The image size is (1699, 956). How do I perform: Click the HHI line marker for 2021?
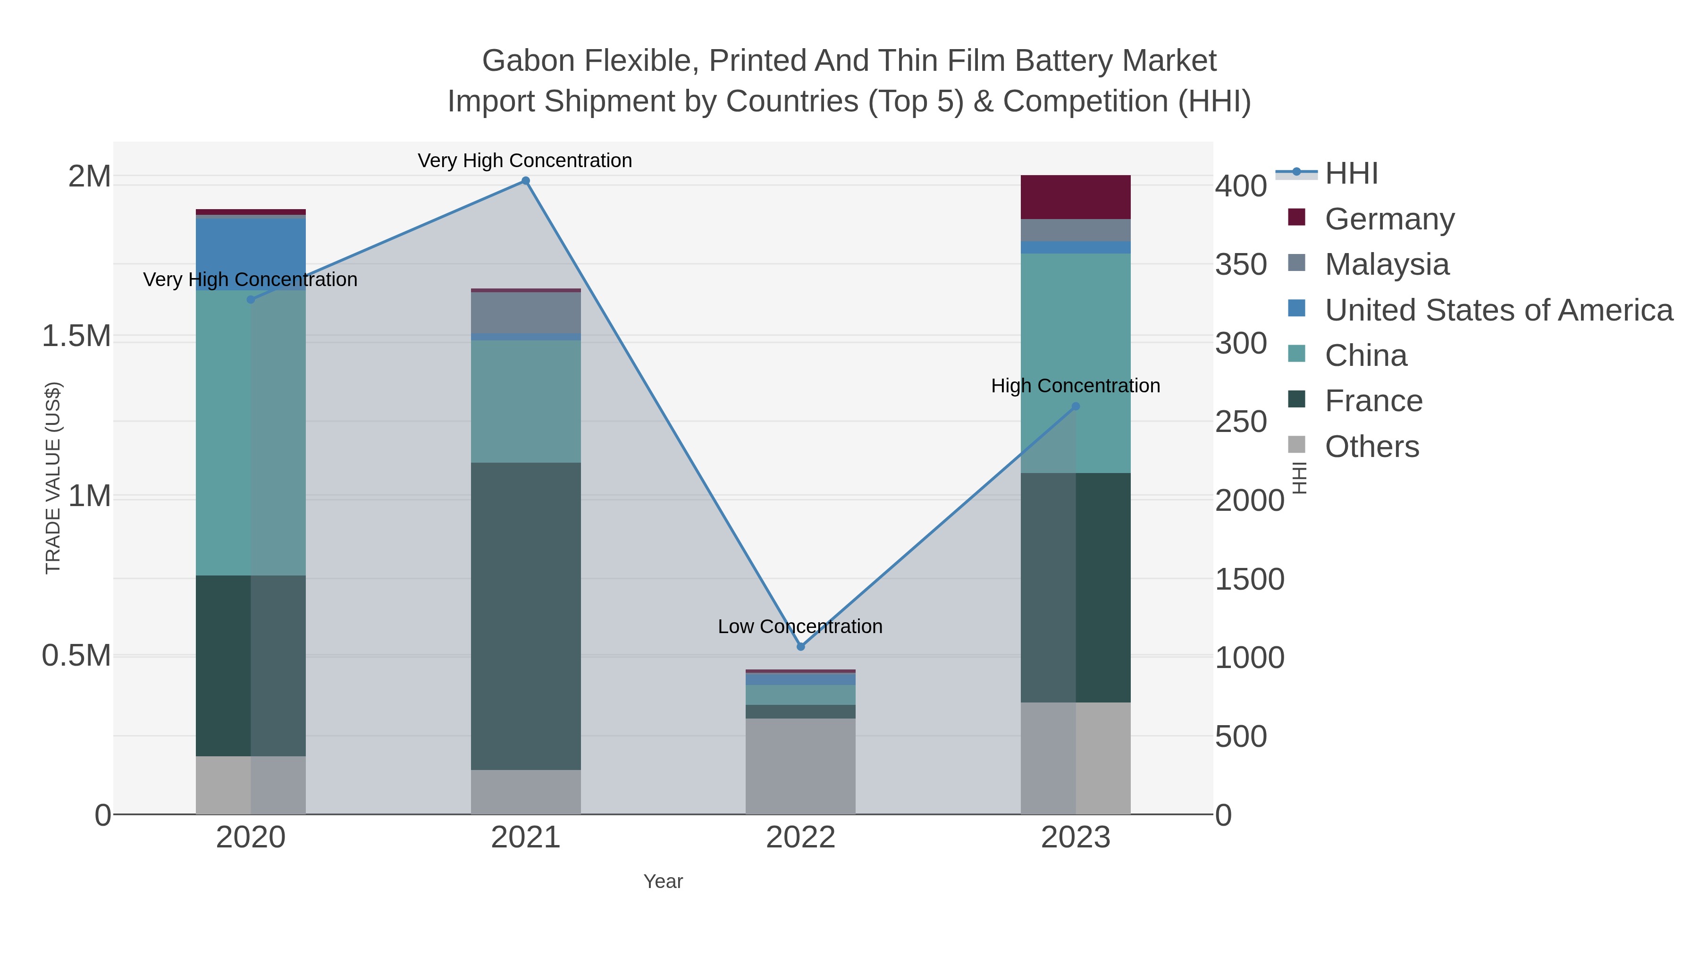(526, 181)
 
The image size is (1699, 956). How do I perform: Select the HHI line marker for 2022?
(801, 647)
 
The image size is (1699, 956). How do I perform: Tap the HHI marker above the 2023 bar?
(1076, 406)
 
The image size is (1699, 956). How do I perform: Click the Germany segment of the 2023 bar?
(1076, 196)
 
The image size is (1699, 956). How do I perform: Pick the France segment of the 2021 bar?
(526, 616)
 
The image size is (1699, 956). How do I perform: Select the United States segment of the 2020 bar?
(251, 254)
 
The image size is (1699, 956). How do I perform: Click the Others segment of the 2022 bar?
(801, 765)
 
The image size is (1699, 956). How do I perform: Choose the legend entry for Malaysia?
(1387, 264)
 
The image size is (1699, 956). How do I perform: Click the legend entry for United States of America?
(1498, 310)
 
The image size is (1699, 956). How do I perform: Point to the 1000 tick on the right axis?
(1249, 658)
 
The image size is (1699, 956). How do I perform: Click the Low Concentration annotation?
(800, 626)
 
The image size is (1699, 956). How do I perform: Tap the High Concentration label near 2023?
(1075, 386)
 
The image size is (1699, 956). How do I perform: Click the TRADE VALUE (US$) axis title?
(53, 478)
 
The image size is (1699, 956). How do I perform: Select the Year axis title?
(663, 881)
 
